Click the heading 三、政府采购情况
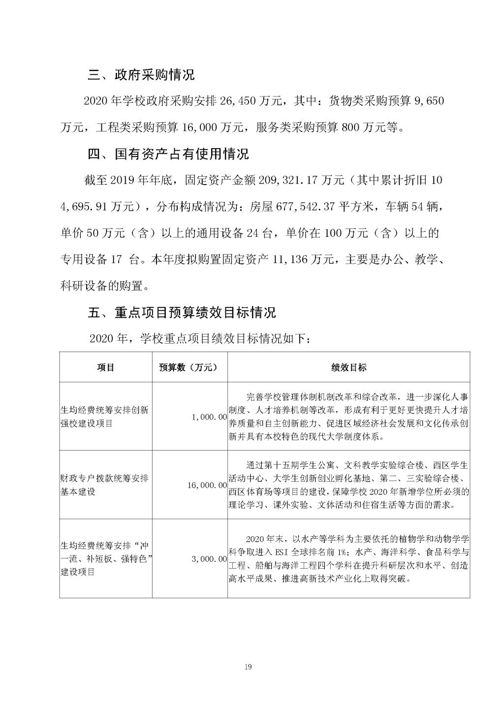(x=141, y=75)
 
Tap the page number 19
(x=248, y=667)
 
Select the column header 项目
(x=106, y=367)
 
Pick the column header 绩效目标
(x=348, y=367)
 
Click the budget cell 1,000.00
(x=209, y=417)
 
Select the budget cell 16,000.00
(x=207, y=486)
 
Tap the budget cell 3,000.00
(x=209, y=559)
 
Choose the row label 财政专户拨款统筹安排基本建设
(x=104, y=485)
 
